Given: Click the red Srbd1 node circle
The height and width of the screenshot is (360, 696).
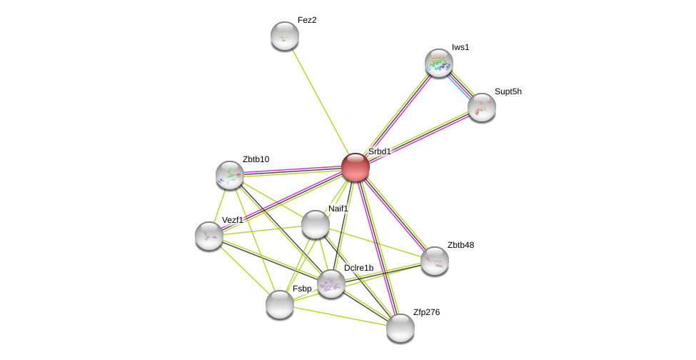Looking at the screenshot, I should [x=355, y=167].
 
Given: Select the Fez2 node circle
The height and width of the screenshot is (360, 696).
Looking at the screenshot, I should [x=284, y=36].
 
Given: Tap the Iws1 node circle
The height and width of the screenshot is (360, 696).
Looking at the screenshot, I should [x=438, y=63].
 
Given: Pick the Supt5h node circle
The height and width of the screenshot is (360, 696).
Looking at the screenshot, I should [x=481, y=107].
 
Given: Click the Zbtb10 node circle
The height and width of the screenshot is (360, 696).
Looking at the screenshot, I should [x=230, y=174].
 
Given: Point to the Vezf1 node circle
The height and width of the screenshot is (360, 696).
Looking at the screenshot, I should [x=209, y=235].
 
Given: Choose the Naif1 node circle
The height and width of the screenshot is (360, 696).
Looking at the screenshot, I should [x=315, y=224].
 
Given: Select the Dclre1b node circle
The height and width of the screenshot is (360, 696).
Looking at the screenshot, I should [x=331, y=284].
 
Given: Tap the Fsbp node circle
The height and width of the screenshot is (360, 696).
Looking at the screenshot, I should [x=279, y=304].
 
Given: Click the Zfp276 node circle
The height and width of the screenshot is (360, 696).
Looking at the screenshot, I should [x=400, y=328].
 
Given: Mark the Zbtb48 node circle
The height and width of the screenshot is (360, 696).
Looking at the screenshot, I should [x=434, y=261].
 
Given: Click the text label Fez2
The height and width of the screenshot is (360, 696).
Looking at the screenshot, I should [x=307, y=20].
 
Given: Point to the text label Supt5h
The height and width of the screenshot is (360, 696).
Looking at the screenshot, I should [x=508, y=91].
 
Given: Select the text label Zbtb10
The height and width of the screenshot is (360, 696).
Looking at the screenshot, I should [x=256, y=159].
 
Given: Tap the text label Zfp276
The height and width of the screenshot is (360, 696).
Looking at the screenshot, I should [x=426, y=312].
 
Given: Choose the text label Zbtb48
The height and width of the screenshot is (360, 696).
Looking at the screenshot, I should [x=460, y=245].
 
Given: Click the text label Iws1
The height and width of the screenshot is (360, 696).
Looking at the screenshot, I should [x=460, y=47].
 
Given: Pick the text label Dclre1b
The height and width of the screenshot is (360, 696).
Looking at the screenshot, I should [x=358, y=268].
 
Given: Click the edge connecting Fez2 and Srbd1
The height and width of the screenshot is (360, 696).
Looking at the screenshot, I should [x=318, y=99].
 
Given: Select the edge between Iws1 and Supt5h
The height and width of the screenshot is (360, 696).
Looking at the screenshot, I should [x=460, y=85].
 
